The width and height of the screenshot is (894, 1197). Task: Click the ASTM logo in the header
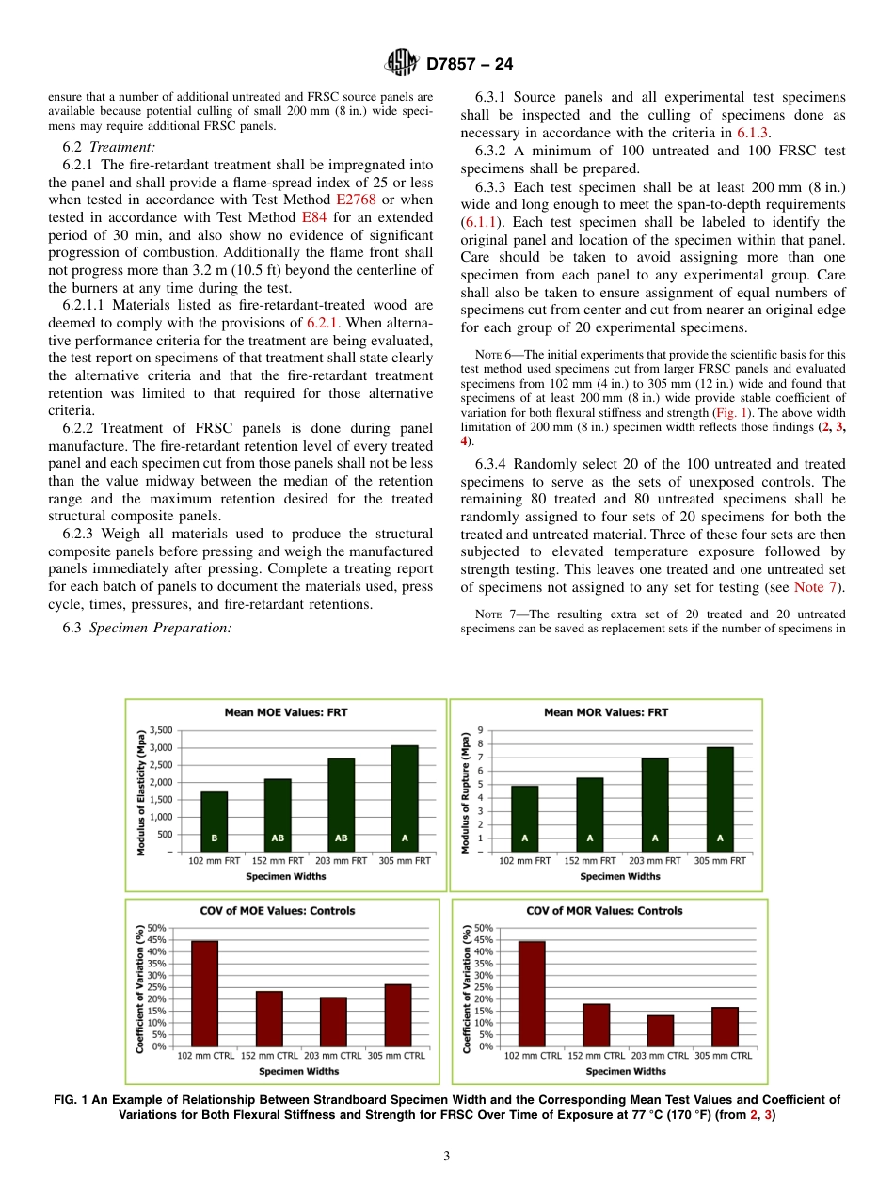click(401, 64)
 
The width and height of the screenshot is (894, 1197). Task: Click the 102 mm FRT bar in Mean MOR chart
click(524, 819)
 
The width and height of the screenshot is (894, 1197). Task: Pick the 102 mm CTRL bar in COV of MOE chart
click(204, 993)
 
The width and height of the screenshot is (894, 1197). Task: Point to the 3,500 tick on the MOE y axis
click(161, 730)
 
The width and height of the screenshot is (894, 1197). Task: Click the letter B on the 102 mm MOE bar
click(214, 838)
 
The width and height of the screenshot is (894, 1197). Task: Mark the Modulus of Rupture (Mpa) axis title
click(465, 794)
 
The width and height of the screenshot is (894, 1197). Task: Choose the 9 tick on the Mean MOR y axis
click(481, 730)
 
